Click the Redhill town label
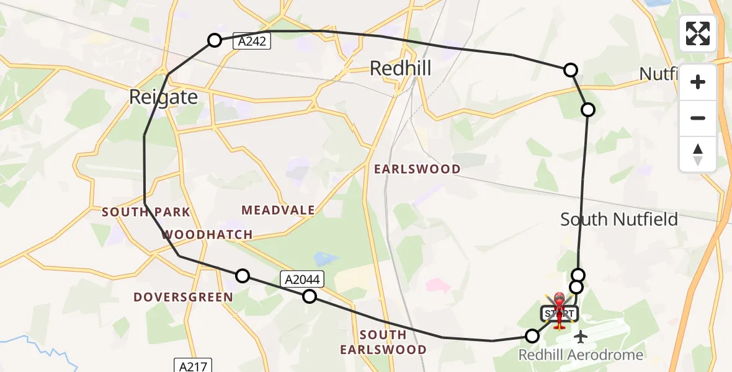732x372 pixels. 400,68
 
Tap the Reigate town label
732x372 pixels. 164,97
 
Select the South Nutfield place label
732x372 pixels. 618,219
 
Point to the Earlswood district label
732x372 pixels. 417,169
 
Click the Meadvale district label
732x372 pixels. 279,210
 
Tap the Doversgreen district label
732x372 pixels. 184,297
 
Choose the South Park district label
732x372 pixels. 146,212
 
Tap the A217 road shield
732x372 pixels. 192,365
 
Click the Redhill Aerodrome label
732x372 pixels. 581,355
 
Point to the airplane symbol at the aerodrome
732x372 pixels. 581,337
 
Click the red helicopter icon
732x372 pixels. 560,308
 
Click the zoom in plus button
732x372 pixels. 698,82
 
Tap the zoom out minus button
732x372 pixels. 698,118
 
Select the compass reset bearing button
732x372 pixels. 698,154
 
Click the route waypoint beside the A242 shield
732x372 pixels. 214,40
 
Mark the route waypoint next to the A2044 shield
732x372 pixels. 309,296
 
